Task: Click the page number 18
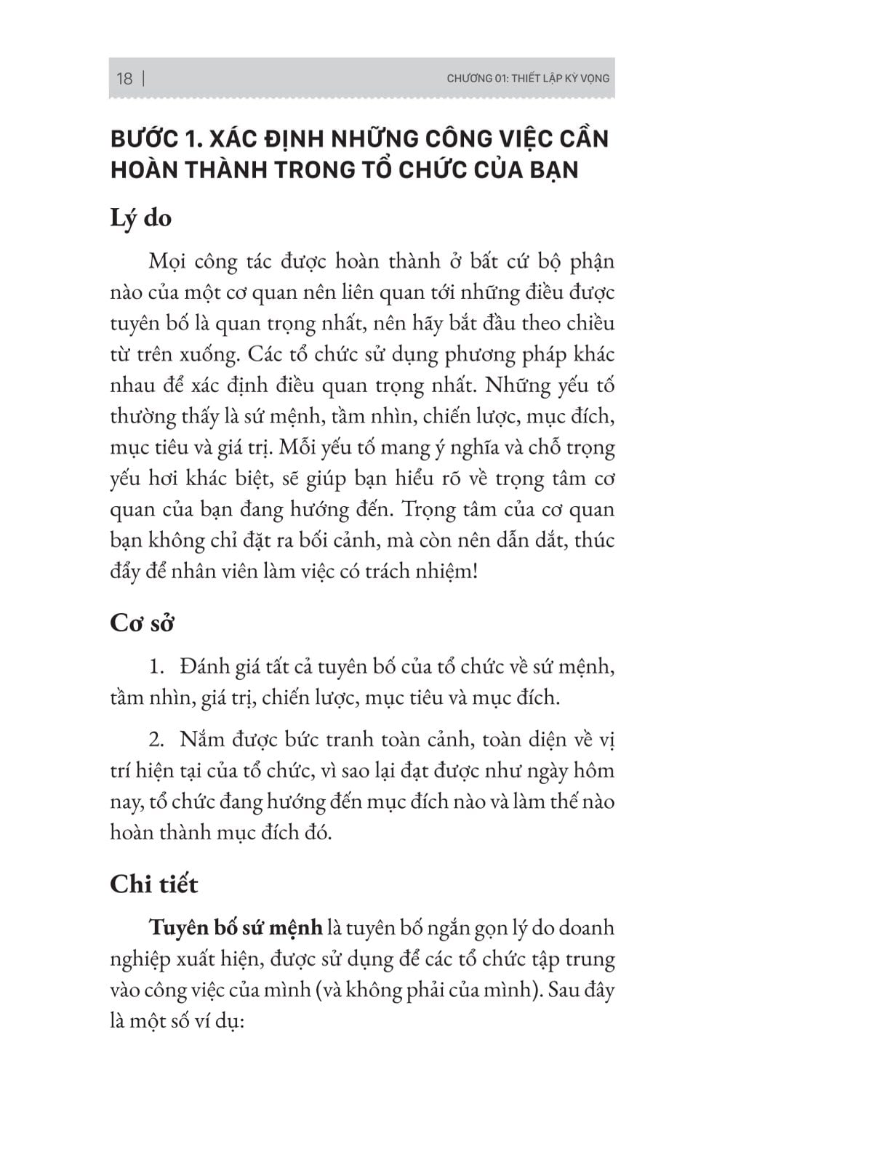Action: pyautogui.click(x=124, y=79)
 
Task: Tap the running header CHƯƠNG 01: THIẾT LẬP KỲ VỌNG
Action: pyautogui.click(x=528, y=79)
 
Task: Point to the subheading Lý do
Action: pyautogui.click(x=140, y=217)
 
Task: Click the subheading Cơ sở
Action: pyautogui.click(x=142, y=623)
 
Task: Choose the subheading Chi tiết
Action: pyautogui.click(x=153, y=884)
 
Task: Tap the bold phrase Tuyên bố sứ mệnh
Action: pyautogui.click(x=236, y=928)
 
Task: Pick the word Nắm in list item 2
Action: pyautogui.click(x=202, y=740)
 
